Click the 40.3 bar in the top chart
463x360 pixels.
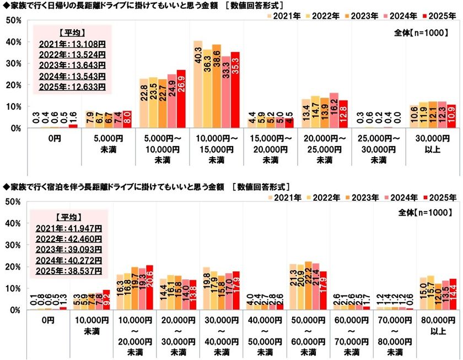[197, 84]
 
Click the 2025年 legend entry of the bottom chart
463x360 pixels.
[441, 197]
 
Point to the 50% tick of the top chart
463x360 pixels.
[13, 20]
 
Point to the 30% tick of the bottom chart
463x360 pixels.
[13, 245]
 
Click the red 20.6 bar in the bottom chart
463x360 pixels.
[132, 287]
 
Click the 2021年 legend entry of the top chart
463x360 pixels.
[286, 17]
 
